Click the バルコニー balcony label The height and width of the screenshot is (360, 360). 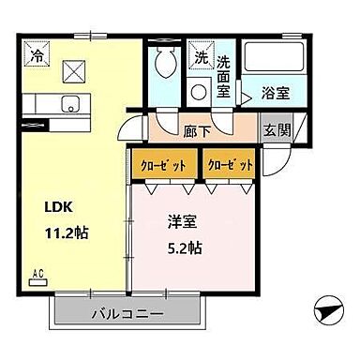click(x=128, y=313)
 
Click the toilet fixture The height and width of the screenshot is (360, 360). click(x=167, y=65)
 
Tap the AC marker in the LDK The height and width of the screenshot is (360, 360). click(x=39, y=275)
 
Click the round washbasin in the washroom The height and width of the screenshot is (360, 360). click(x=199, y=93)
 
